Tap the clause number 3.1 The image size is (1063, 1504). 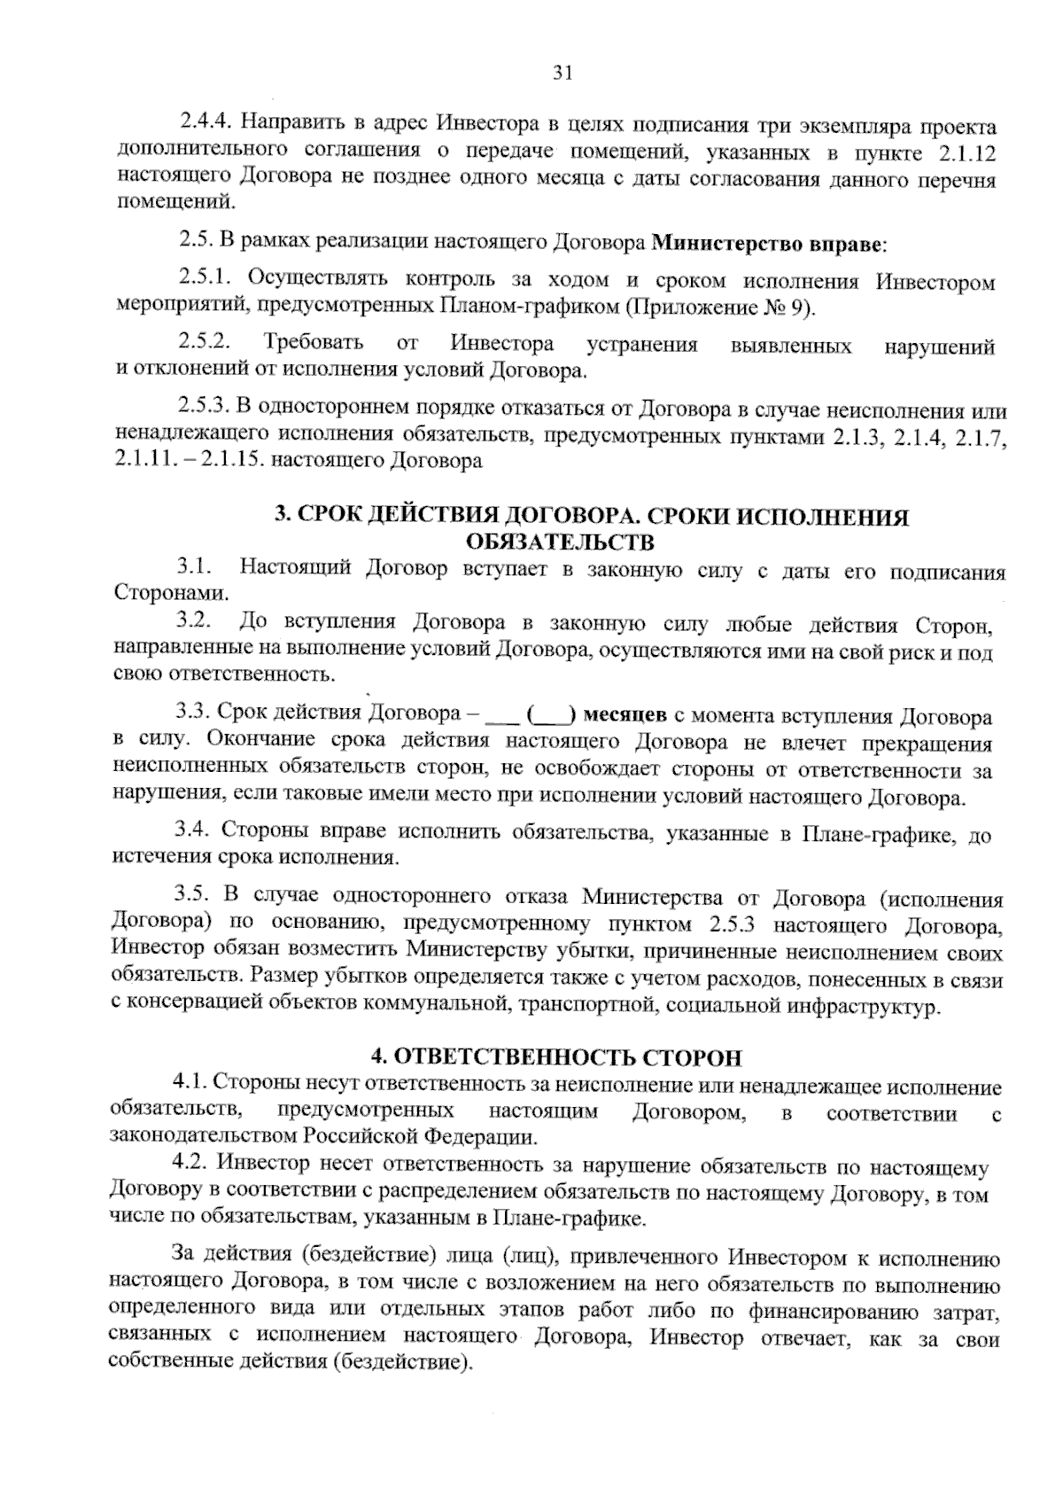(x=192, y=567)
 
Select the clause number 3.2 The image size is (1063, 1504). (x=192, y=623)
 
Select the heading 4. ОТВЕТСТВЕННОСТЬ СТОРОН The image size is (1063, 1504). (x=555, y=1057)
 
